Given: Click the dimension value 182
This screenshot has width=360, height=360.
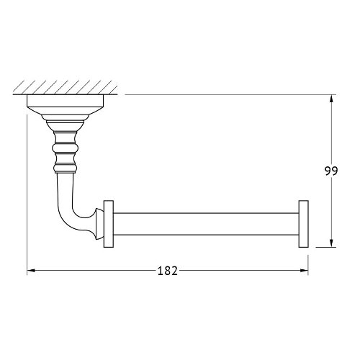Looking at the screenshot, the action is [168, 271].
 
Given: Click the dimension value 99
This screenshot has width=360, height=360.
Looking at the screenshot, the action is [331, 171].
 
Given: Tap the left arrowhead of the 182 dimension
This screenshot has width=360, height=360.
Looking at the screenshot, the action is [32, 271].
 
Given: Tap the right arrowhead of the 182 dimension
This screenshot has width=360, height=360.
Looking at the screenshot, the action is [304, 271].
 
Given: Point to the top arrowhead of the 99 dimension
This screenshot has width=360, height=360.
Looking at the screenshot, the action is [331, 99].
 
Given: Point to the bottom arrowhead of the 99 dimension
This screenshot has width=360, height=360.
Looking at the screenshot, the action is [331, 243].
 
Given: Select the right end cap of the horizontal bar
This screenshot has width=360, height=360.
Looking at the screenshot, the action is [304, 224].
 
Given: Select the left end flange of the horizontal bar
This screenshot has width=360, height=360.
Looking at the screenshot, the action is [109, 224].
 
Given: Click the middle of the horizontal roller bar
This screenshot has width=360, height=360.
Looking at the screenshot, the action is [206, 224].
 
